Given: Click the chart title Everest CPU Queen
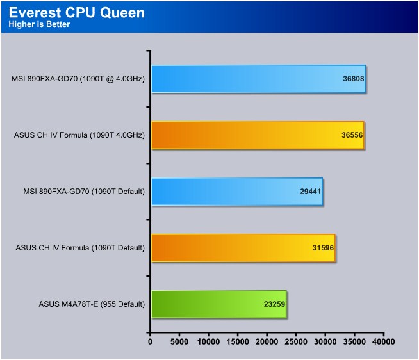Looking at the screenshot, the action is [x=77, y=13].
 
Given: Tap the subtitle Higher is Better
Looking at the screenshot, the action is [x=39, y=24].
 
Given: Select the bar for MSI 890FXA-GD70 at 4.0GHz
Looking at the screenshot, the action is [x=258, y=79].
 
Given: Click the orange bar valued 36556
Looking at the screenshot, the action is [x=258, y=135].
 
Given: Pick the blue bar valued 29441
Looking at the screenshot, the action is [x=237, y=192].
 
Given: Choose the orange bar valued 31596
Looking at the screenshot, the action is [x=243, y=248].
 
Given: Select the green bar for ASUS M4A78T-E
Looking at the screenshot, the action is [x=219, y=304].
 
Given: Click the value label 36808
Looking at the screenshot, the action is [x=353, y=79].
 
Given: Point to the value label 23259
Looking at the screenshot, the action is [x=274, y=304].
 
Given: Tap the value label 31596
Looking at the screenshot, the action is [x=323, y=248].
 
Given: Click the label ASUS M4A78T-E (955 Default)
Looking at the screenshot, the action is [x=92, y=304].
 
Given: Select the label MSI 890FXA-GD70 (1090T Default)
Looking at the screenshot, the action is [x=84, y=192].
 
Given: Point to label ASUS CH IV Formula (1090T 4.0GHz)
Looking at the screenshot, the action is [x=79, y=135].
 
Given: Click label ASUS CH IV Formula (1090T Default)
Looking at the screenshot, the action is [x=80, y=248].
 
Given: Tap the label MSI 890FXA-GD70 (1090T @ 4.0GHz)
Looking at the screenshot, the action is [x=78, y=79].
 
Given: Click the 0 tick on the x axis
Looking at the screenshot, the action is [x=150, y=341].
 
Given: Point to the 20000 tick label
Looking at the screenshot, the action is [x=267, y=341].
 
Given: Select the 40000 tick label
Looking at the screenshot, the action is [x=384, y=341].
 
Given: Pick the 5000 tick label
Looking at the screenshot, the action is [x=179, y=341].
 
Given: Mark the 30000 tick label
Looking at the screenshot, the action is [x=325, y=341].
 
